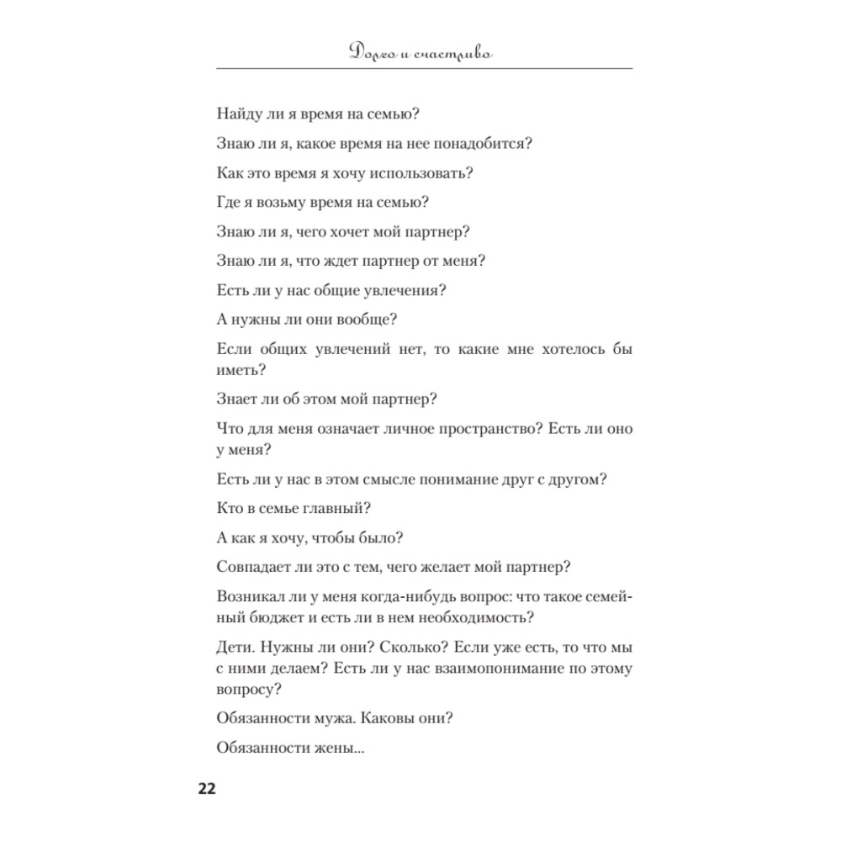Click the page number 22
[x=207, y=790]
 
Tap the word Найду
[x=240, y=112]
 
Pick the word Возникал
[x=251, y=597]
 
